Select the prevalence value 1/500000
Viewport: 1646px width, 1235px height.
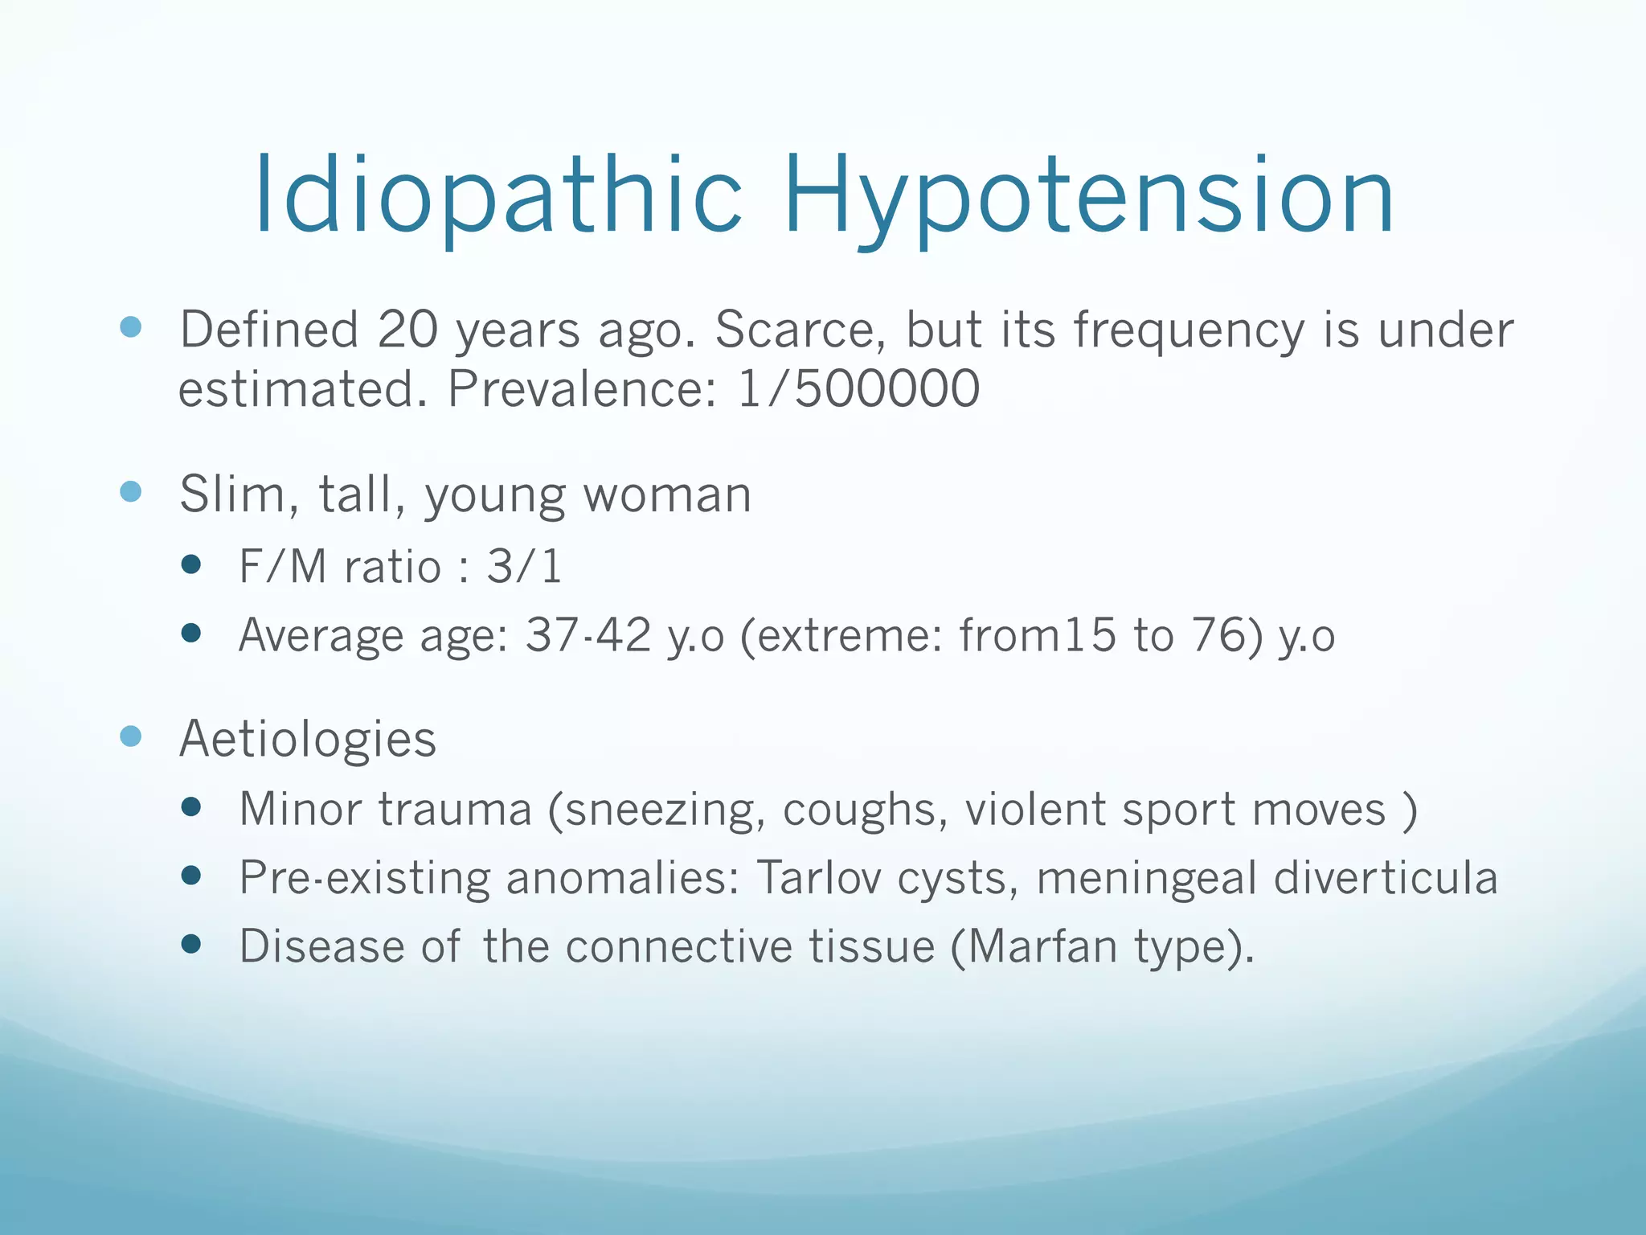click(x=858, y=389)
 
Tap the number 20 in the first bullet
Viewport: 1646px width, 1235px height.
click(x=407, y=330)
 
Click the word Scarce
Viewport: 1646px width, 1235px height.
click(x=800, y=330)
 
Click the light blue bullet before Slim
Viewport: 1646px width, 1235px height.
click(x=130, y=491)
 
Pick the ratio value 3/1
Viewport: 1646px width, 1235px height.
click(x=524, y=566)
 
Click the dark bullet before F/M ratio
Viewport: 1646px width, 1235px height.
click(x=190, y=564)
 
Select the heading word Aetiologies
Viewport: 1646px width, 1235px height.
click(x=308, y=739)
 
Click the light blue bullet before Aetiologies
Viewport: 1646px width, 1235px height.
click(x=130, y=736)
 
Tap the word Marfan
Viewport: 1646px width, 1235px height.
click(x=1042, y=946)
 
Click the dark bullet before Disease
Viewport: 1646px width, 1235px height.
click(x=190, y=944)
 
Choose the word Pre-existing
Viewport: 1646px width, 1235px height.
click(x=364, y=877)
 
